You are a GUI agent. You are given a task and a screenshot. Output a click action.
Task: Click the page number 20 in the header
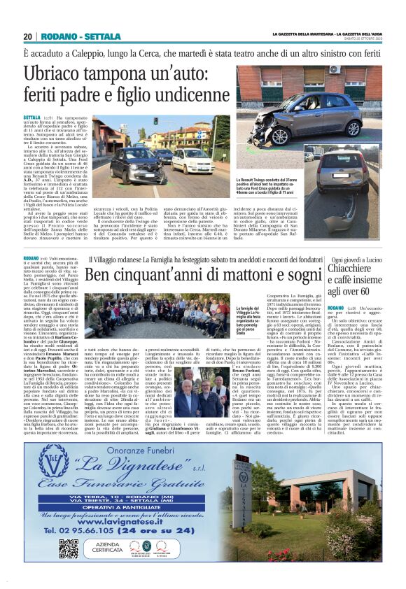click(x=28, y=36)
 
